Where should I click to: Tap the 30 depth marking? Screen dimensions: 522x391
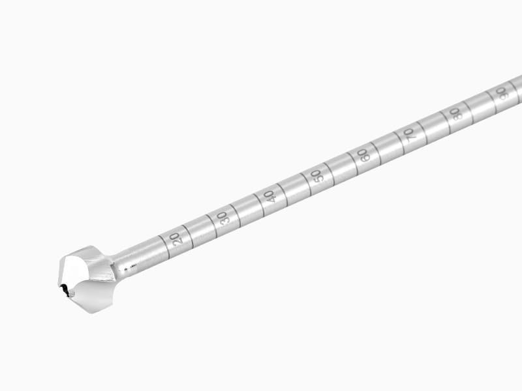[223, 218]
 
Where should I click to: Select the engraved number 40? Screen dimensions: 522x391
[269, 196]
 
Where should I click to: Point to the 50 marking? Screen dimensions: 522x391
[317, 175]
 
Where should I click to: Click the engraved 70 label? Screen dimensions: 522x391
[409, 134]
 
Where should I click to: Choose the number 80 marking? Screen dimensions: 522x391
[455, 113]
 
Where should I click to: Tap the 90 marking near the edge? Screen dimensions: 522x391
[501, 93]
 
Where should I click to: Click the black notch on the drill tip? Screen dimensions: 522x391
[65, 289]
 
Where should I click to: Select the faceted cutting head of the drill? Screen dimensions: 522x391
[88, 279]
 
